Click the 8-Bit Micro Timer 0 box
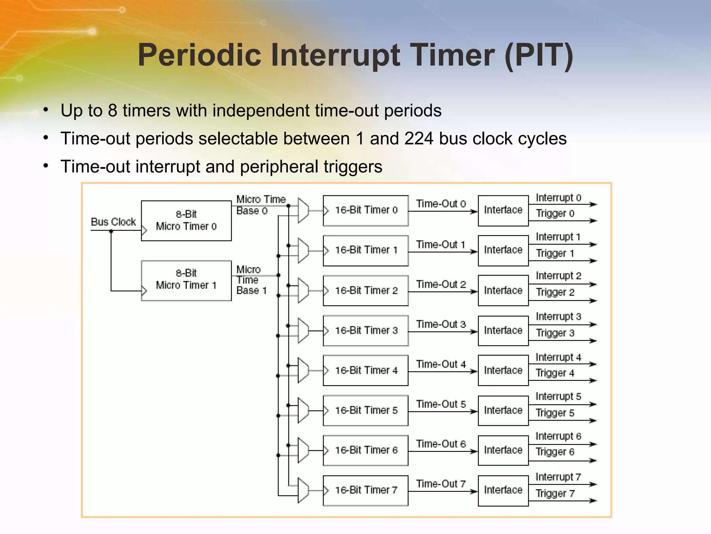[186, 220]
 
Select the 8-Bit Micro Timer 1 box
[186, 280]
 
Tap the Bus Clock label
[113, 222]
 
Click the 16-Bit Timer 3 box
[365, 330]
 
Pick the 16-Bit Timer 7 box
[365, 490]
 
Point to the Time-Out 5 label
[441, 404]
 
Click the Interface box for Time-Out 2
[503, 290]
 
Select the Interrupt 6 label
[558, 436]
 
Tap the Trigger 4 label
[555, 373]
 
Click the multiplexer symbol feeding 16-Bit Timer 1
[303, 250]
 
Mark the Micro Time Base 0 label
[260, 205]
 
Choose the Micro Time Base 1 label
[251, 280]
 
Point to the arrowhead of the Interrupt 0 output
[593, 204]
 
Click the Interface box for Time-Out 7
[503, 490]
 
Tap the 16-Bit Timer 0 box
[365, 210]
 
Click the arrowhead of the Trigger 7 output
[593, 501]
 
